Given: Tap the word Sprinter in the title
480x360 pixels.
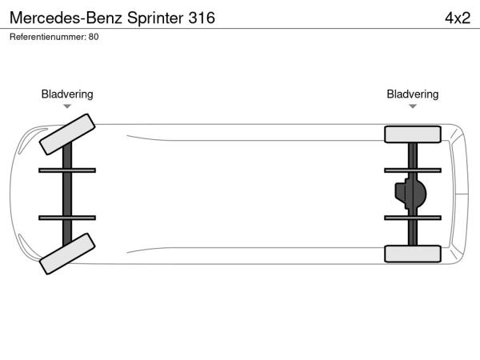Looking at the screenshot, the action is click(x=155, y=18).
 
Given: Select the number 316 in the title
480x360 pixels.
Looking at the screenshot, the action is click(x=202, y=18).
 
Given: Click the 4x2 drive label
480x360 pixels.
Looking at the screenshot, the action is click(x=458, y=18).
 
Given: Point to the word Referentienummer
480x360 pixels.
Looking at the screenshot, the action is click(x=47, y=37).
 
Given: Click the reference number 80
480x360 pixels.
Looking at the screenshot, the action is click(x=94, y=37).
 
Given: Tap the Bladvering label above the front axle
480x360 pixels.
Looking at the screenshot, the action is click(x=67, y=94).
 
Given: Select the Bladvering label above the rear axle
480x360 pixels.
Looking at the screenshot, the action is click(x=413, y=94).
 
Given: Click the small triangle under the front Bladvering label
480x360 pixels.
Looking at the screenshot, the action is click(x=67, y=106).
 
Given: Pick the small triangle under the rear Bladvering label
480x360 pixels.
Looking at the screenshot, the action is click(x=413, y=106).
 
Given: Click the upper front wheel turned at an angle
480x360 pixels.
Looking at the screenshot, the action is click(x=67, y=134).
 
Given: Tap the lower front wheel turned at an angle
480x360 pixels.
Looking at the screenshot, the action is click(x=67, y=254).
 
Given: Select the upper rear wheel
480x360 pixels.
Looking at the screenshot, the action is click(x=413, y=134).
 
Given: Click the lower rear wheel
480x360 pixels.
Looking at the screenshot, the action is click(x=413, y=254).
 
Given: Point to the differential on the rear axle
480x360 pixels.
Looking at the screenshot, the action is click(x=410, y=194).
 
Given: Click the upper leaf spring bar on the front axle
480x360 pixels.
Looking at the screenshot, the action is click(x=67, y=170).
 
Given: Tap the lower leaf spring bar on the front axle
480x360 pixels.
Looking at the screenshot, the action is click(x=67, y=218).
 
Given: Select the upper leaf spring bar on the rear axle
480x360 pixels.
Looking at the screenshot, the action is click(x=413, y=170).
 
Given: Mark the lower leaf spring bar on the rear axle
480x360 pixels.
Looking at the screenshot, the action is click(x=413, y=218).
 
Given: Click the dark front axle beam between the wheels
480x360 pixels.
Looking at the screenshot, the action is click(x=67, y=194).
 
